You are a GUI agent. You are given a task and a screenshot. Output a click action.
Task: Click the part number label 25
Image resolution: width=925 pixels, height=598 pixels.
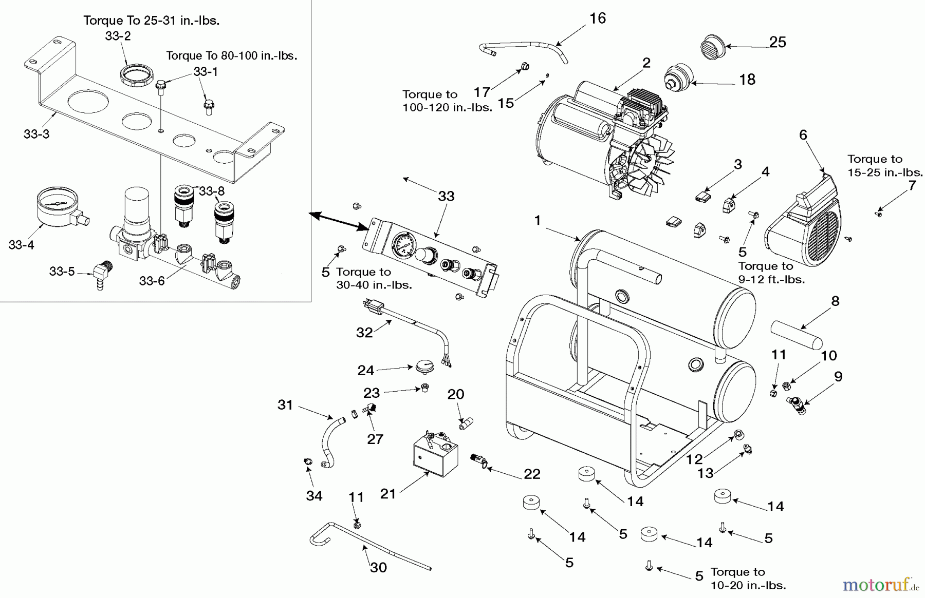click(778, 42)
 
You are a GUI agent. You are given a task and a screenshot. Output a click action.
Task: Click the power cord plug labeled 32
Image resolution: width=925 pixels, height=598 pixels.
click(373, 306)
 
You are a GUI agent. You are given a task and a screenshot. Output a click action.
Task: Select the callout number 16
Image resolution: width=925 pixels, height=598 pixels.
click(598, 18)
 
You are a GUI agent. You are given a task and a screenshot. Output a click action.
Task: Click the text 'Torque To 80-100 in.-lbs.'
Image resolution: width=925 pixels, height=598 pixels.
click(232, 55)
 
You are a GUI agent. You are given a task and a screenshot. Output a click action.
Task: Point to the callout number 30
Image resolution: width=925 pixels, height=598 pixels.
click(378, 567)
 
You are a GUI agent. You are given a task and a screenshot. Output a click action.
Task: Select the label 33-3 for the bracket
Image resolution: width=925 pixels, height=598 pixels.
click(36, 134)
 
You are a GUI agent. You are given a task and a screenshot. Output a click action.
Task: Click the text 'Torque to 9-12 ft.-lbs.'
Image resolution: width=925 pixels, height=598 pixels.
click(771, 273)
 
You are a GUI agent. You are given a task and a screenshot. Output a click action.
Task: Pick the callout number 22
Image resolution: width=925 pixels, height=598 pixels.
click(532, 474)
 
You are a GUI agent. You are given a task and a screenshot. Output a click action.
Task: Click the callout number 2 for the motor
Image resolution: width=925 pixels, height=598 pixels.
click(646, 63)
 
